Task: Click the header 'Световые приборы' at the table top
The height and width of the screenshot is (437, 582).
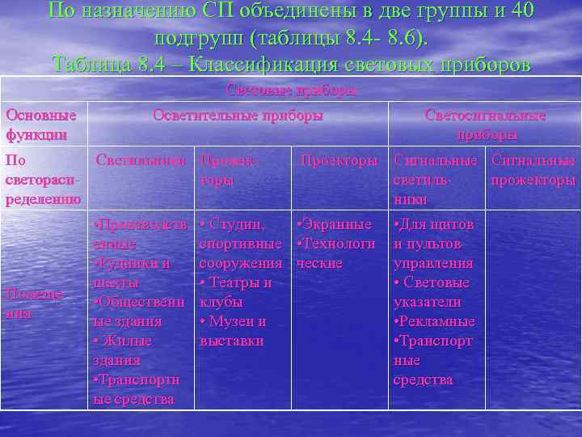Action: pos(290,90)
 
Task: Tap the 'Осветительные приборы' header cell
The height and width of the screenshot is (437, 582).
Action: pos(238,116)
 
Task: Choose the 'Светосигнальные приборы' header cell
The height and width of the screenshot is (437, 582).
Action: pos(485,125)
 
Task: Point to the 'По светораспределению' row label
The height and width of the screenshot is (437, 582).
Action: pos(42,180)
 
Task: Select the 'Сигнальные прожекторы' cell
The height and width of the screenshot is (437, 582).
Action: pos(533,170)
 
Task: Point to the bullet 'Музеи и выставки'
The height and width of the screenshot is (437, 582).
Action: pos(233,331)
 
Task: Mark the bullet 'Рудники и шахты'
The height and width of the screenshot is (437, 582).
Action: pos(133,273)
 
